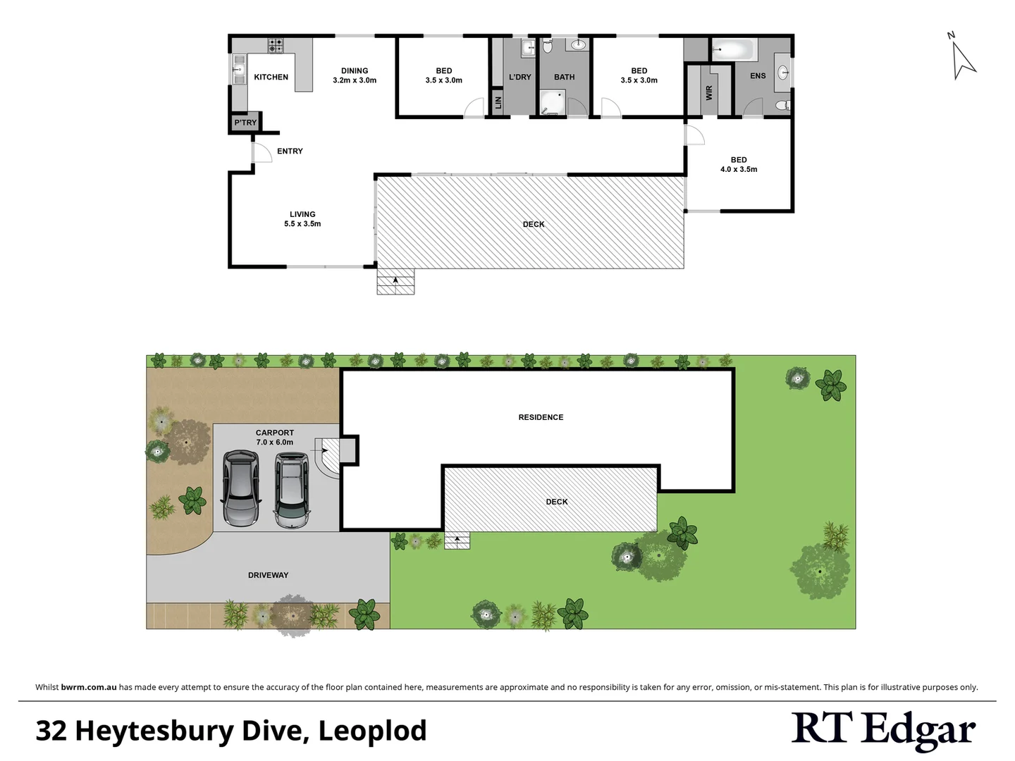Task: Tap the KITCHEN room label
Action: tap(271, 78)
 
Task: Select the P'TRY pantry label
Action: tap(245, 123)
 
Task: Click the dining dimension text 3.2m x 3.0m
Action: tap(355, 80)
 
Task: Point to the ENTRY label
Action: tap(290, 151)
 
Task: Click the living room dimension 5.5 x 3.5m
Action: tap(302, 224)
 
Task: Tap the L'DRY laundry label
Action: tap(520, 78)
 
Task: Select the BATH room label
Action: tap(564, 78)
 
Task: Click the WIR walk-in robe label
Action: tap(709, 92)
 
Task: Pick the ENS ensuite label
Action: tap(758, 76)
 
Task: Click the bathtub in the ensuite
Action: tap(733, 49)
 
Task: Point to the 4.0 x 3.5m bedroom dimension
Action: tap(739, 170)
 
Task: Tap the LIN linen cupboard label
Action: tap(498, 102)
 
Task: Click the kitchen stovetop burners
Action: tap(276, 46)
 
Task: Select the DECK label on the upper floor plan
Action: tap(534, 225)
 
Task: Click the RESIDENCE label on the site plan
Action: tap(541, 418)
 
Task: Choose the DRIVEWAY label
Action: tap(268, 576)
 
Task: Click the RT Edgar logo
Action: tap(883, 730)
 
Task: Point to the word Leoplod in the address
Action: tap(373, 731)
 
